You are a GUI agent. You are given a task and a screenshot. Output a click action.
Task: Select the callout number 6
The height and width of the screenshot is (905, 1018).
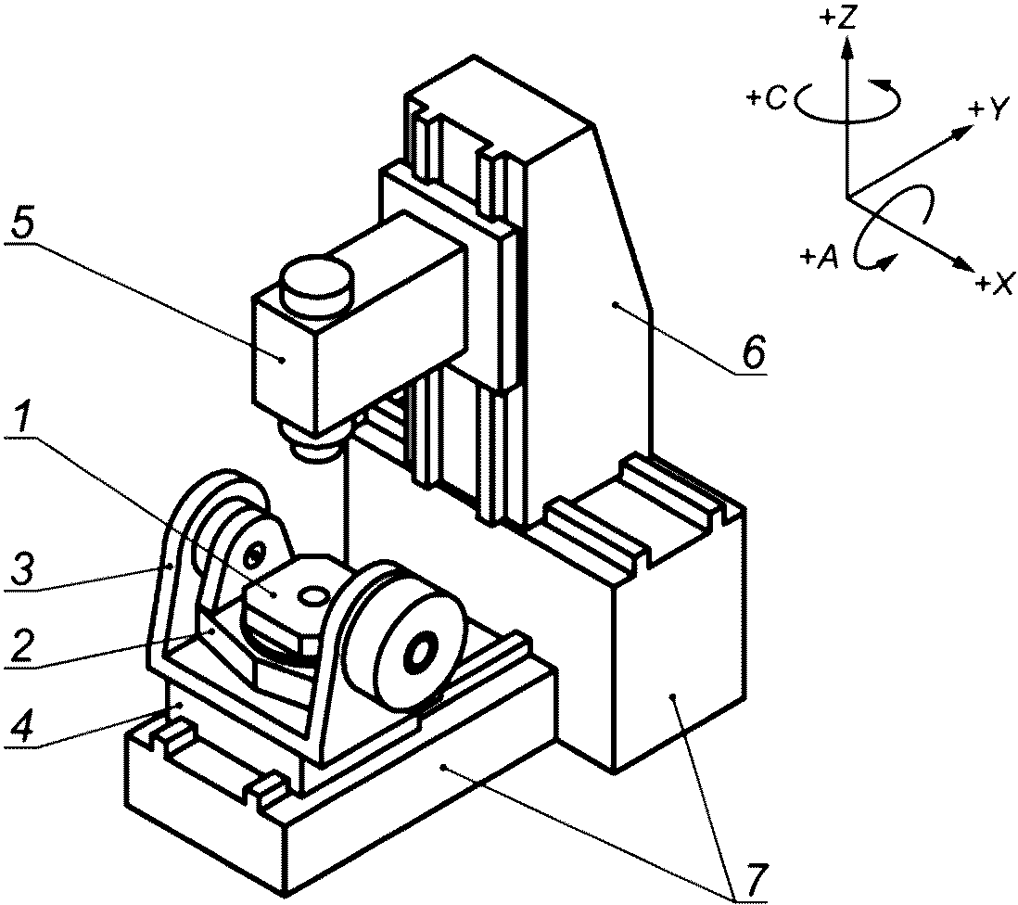[754, 351]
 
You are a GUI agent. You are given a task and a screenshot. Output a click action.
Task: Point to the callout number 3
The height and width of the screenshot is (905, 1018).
[21, 568]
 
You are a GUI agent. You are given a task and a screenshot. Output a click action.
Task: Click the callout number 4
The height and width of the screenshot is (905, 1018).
[20, 728]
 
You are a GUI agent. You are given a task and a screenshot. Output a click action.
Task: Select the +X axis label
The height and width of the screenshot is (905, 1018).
[994, 283]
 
